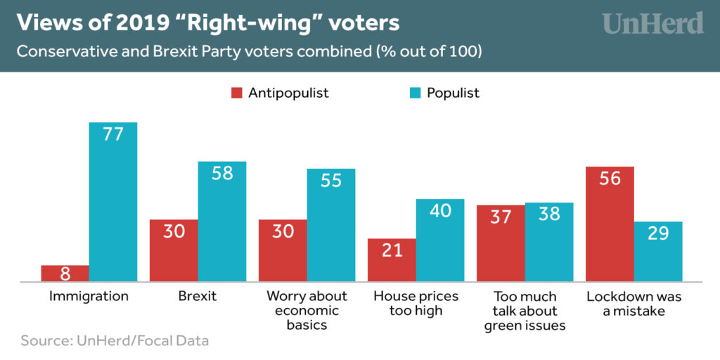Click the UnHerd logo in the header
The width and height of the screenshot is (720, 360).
652,24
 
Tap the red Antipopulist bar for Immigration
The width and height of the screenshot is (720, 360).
65,274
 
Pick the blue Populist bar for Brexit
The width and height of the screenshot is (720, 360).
221,222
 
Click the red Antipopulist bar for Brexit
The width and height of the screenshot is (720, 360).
174,251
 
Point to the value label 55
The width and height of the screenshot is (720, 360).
330,181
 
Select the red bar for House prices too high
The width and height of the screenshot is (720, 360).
392,260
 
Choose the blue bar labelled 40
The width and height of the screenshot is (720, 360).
439,240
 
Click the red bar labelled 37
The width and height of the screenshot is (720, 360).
501,243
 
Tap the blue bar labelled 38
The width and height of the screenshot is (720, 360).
549,243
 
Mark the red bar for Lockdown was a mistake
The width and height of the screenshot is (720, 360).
610,224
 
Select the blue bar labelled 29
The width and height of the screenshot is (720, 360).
658,252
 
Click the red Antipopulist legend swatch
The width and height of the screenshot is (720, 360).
236,93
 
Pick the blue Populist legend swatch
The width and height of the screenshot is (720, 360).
416,93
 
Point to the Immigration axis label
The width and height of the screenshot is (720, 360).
89,296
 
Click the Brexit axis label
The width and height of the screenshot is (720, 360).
198,296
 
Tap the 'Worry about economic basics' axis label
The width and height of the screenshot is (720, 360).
307,311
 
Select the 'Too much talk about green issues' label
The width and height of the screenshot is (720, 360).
525,311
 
